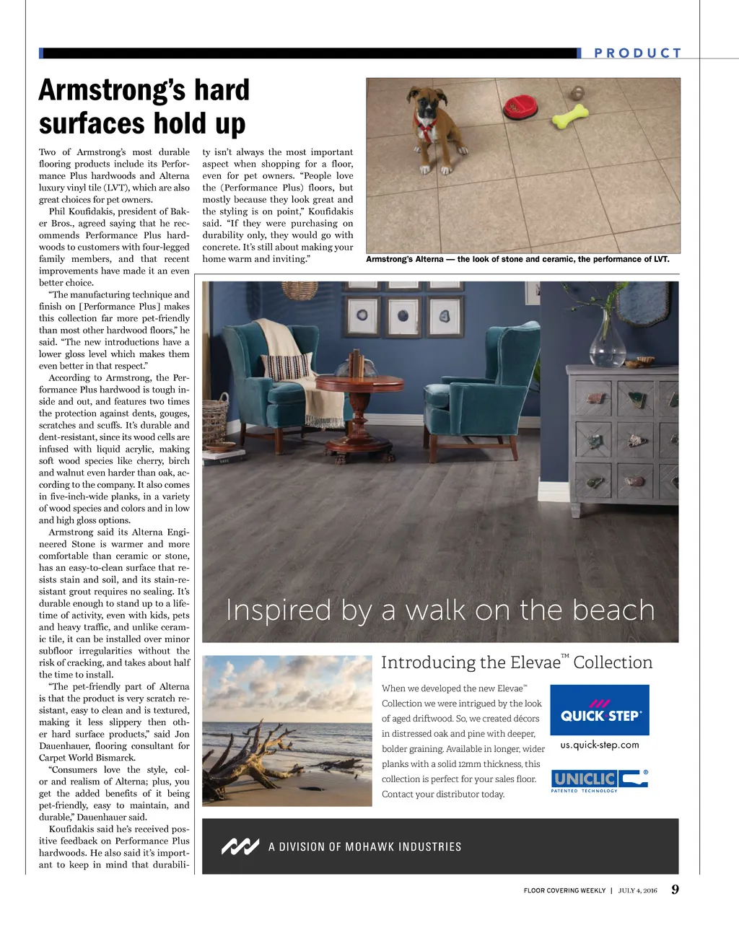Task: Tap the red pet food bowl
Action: pos(521,106)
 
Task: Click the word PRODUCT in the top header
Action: pos(637,53)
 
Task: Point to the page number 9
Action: pos(675,889)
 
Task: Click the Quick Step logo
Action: pos(600,710)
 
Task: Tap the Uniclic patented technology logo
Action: pos(599,781)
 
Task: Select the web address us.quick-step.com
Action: pos(600,745)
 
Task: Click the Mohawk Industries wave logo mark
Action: pos(240,846)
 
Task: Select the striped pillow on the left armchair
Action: pos(287,366)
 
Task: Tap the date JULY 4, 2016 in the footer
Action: pos(638,890)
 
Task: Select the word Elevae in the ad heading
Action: pos(535,662)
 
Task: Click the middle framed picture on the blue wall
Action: pos(403,315)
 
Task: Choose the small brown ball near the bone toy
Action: pos(578,92)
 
